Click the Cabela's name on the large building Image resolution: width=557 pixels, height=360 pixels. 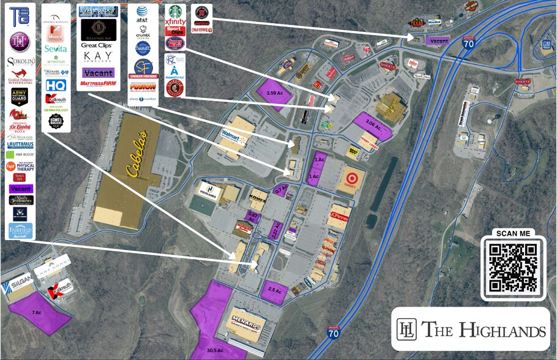coord(136,156)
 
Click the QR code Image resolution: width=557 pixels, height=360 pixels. coord(512,268)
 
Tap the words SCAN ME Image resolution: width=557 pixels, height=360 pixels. coord(512,233)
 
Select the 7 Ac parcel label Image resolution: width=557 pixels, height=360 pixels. coord(37,312)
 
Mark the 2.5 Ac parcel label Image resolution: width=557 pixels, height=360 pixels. coord(274,290)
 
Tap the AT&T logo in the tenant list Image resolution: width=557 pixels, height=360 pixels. coord(142,10)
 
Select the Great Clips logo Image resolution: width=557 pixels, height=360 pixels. coord(98,45)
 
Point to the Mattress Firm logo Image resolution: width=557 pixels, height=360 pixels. coord(98,83)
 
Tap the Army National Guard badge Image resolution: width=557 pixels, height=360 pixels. coord(20,96)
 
